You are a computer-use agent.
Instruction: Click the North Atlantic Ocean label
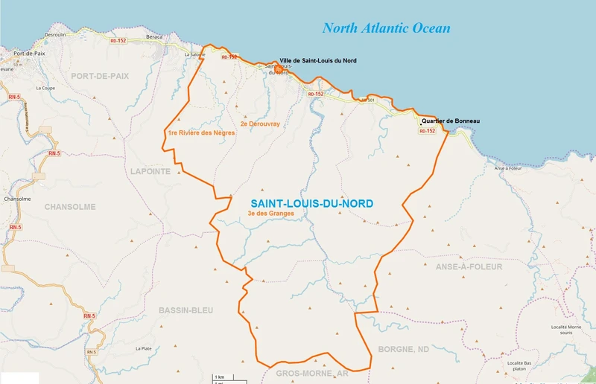386,29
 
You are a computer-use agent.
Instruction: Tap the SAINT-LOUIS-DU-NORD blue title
311,203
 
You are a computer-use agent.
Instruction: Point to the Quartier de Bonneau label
450,121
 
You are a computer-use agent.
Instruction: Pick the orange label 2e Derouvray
260,124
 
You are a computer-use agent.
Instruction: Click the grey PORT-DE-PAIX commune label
101,76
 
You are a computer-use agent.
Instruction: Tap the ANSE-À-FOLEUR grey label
469,266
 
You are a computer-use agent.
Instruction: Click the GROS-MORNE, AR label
312,374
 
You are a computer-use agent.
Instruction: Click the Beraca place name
153,36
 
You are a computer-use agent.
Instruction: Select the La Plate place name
143,348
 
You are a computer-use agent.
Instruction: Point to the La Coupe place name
46,88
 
